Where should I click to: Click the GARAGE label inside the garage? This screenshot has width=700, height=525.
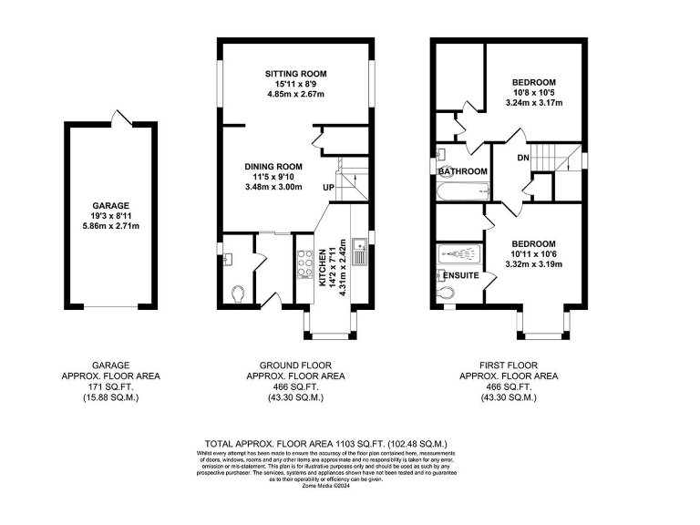tap(109, 206)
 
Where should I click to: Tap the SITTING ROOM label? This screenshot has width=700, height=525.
tap(295, 74)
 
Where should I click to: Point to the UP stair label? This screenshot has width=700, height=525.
tap(327, 188)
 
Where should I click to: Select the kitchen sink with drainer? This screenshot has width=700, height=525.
tap(361, 250)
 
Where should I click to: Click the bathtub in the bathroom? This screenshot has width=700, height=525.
tap(463, 191)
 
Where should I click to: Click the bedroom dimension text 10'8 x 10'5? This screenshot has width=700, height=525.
tap(533, 92)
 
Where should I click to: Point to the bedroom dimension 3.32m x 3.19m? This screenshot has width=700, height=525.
tap(533, 264)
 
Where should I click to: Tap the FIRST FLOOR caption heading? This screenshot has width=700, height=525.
tap(509, 365)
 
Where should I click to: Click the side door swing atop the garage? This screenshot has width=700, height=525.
tap(119, 118)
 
